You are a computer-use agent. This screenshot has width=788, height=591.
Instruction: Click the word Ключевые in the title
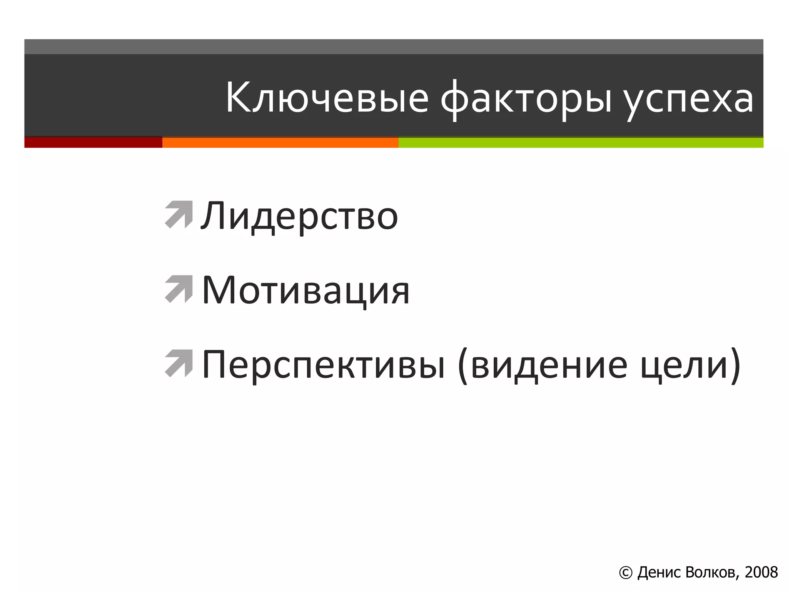click(x=326, y=98)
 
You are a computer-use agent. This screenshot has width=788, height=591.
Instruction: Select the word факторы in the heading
click(x=526, y=99)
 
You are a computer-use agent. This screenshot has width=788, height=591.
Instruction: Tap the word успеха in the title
click(x=688, y=99)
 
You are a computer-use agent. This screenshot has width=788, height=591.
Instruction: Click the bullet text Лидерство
click(x=299, y=216)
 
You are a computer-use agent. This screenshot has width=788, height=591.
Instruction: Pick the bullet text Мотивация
click(x=306, y=290)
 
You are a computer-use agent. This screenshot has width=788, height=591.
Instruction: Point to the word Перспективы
click(x=323, y=365)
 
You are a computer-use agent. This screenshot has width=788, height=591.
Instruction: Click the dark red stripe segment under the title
click(x=93, y=142)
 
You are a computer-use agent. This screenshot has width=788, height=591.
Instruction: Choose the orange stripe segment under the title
click(x=280, y=142)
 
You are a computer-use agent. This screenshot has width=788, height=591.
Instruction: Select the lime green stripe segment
click(x=580, y=142)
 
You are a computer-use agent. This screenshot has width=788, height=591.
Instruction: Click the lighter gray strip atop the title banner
click(x=394, y=47)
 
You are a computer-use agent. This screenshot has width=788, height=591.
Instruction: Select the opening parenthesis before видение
click(x=463, y=366)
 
